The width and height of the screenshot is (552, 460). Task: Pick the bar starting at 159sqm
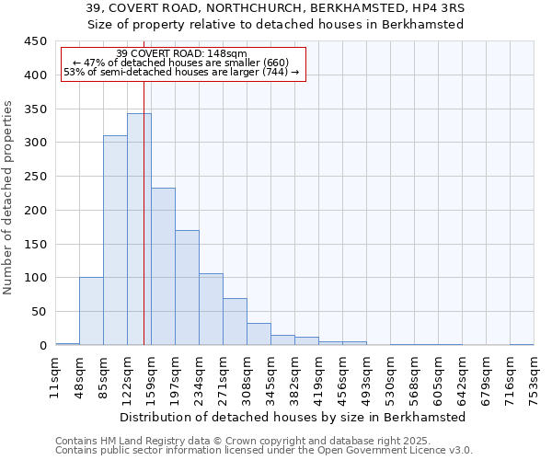[163, 267]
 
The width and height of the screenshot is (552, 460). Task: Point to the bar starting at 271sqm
[235, 322]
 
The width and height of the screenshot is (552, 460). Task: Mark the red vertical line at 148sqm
[144, 184]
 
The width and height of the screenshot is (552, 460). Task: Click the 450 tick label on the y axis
[35, 41]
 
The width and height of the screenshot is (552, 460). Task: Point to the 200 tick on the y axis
[35, 211]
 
